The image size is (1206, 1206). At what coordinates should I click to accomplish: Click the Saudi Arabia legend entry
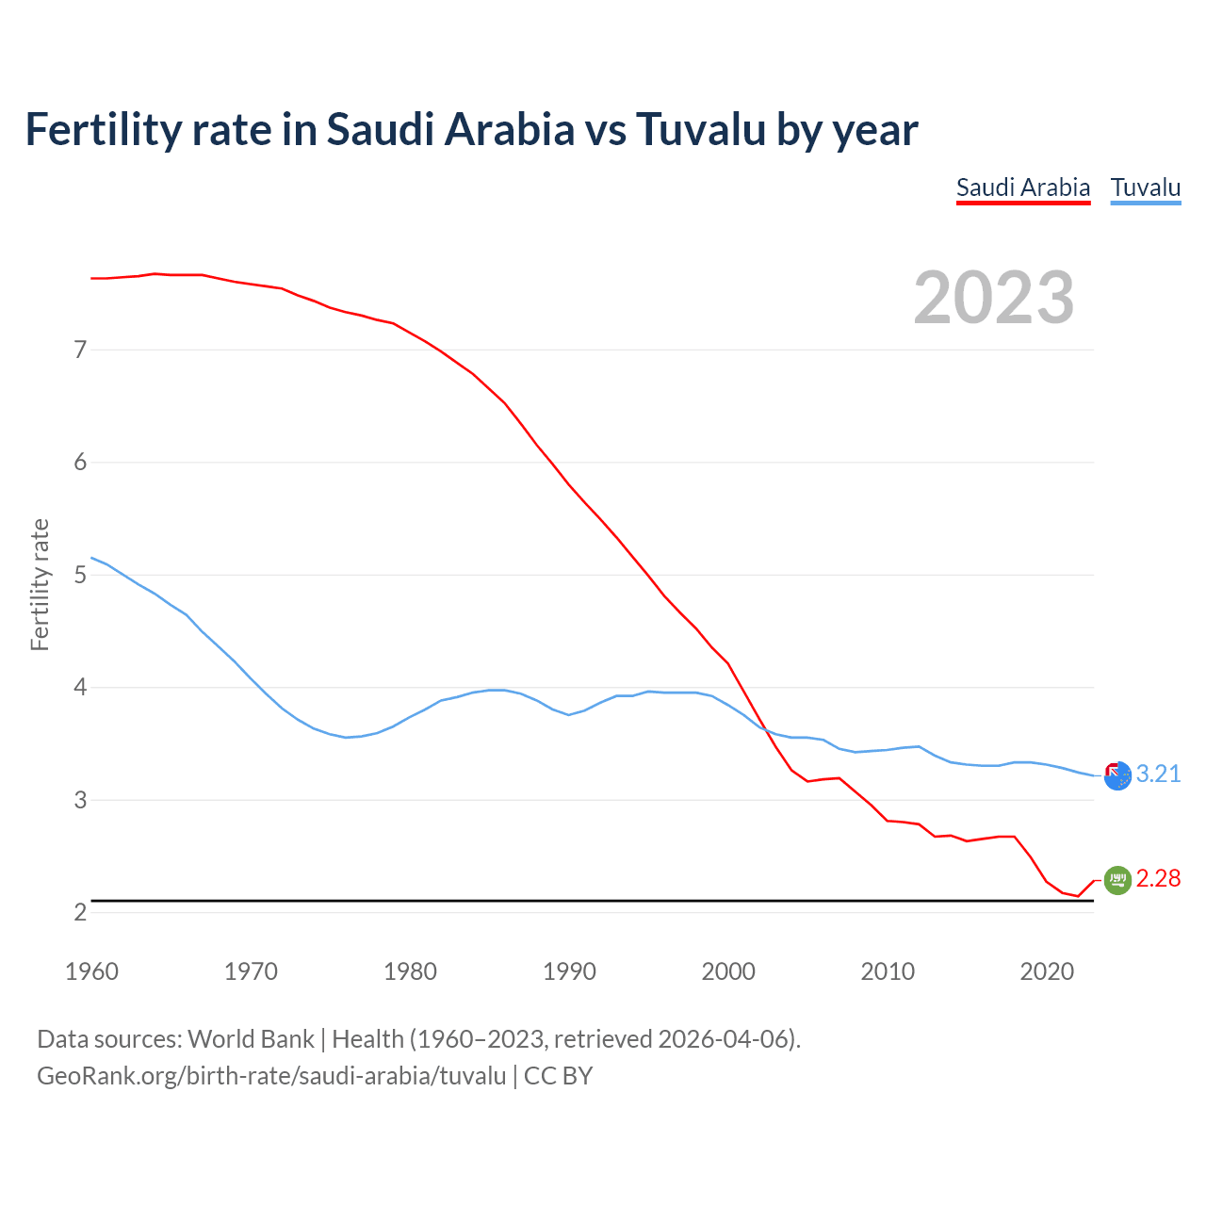point(1022,187)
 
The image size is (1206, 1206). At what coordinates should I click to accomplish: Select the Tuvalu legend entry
point(1145,187)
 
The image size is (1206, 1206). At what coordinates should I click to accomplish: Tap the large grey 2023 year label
point(993,298)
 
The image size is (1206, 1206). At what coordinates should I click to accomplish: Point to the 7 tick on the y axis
point(80,350)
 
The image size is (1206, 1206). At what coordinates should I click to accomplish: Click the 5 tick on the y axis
point(80,575)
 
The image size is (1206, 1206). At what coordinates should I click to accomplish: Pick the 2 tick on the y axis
point(80,912)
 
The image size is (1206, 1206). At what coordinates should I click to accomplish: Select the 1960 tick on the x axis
point(91,971)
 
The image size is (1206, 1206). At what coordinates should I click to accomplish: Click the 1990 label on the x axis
point(569,971)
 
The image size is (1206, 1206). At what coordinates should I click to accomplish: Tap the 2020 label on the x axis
point(1047,971)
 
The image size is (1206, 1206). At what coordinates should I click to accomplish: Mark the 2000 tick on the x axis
point(728,971)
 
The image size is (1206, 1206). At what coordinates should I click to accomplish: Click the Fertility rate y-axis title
point(40,584)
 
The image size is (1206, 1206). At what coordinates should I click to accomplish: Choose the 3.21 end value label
point(1158,774)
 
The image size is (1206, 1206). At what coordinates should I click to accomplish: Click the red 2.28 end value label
point(1158,878)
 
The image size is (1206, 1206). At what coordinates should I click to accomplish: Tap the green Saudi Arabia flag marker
point(1116,880)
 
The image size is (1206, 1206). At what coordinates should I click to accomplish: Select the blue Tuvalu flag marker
point(1116,776)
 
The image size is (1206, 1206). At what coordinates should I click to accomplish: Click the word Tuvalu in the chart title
point(701,129)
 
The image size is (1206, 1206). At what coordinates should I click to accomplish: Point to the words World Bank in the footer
point(251,1038)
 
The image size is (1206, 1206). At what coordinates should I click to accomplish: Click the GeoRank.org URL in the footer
point(271,1075)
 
